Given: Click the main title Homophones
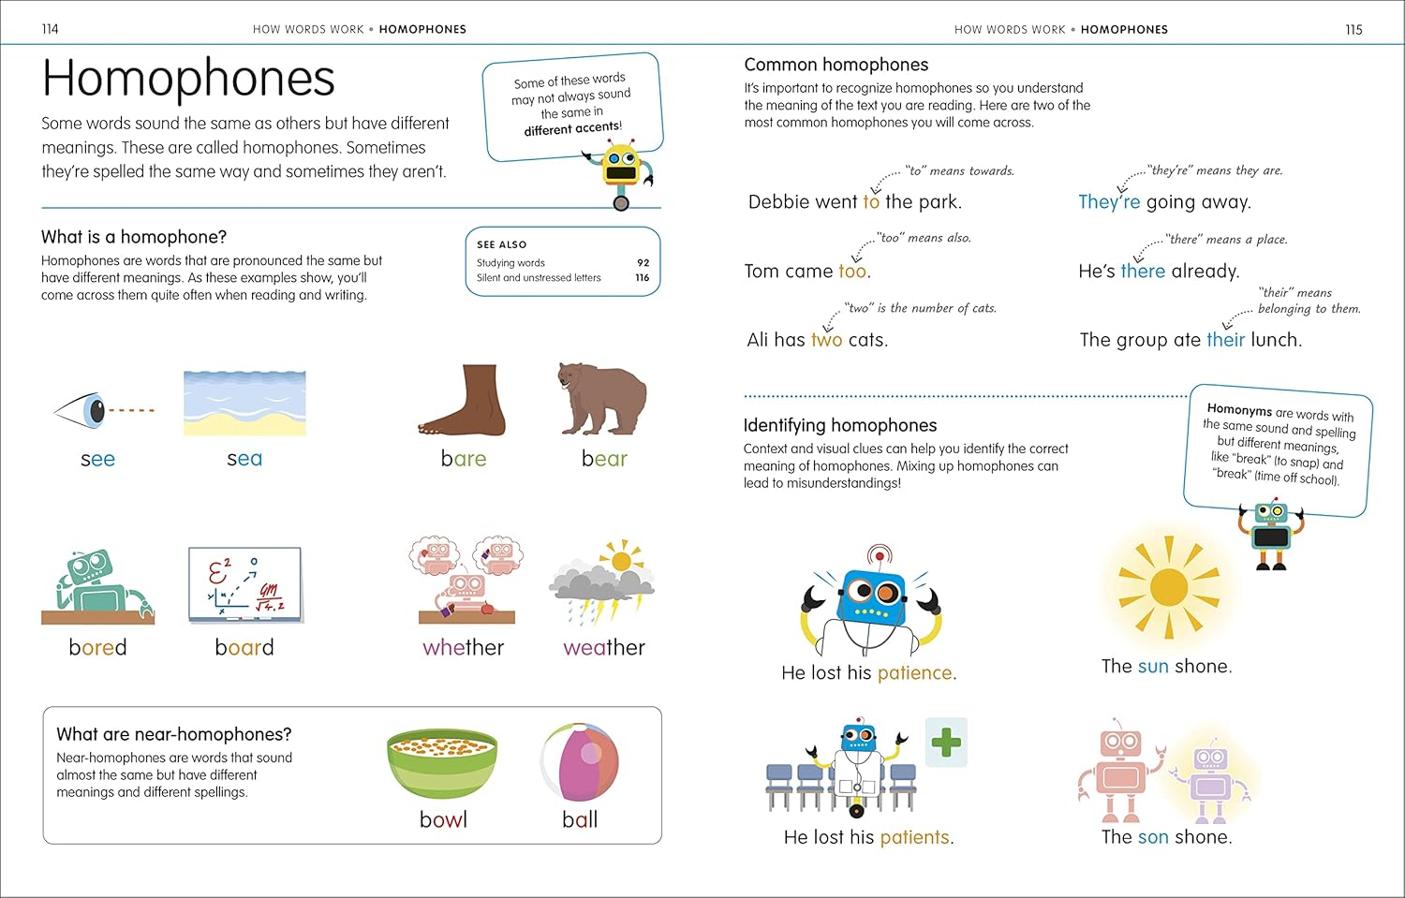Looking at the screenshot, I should (x=188, y=79).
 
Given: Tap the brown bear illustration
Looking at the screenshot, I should (x=601, y=399).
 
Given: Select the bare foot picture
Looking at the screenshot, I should (x=463, y=401).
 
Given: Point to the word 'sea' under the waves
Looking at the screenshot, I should (x=244, y=459).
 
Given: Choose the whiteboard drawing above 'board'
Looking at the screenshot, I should (x=244, y=585).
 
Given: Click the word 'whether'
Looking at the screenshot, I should (x=463, y=647).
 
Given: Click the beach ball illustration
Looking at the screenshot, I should (x=579, y=762).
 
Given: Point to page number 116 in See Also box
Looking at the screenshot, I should (x=643, y=278).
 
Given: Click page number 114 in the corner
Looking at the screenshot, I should (x=51, y=29).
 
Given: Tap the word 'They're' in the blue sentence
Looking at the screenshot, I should (x=1109, y=202).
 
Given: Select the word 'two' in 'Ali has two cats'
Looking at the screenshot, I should (x=826, y=340).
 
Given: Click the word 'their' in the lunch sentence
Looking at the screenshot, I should (x=1225, y=340).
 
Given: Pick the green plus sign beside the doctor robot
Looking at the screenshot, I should (x=946, y=743).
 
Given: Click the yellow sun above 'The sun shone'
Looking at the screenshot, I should (x=1168, y=587).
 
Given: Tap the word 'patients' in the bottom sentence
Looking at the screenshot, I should (x=914, y=837).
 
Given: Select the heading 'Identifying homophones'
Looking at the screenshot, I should (x=839, y=425).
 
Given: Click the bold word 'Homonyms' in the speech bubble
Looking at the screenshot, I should (x=1239, y=409).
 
